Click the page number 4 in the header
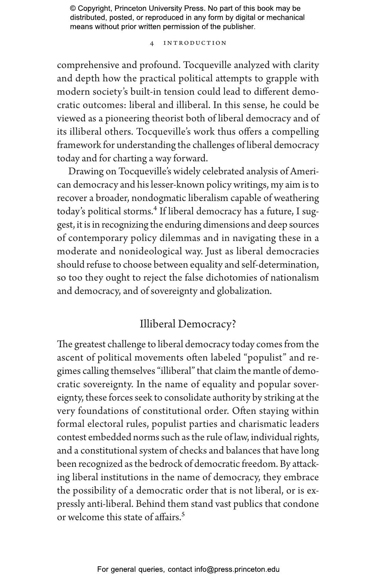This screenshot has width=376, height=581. (x=152, y=43)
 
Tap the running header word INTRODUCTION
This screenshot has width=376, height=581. (x=195, y=43)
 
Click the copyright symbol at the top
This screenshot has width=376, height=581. (x=73, y=9)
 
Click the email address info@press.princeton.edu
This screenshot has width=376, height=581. (x=237, y=569)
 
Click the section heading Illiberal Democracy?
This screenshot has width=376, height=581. (x=188, y=324)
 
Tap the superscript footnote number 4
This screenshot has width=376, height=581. (x=156, y=208)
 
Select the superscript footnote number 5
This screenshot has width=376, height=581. (x=183, y=514)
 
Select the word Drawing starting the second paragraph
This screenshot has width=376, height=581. (x=84, y=172)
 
